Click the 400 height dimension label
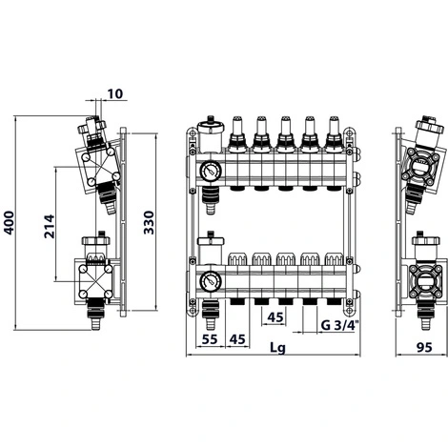pos(9,223)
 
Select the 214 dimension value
pos(50,227)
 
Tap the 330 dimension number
pos(149,222)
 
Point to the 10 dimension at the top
pos(114,94)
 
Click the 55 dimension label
pos(210,339)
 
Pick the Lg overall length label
pos(277,348)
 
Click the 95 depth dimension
pos(424,347)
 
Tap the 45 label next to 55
pos(237,339)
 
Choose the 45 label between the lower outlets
pos(275,317)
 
